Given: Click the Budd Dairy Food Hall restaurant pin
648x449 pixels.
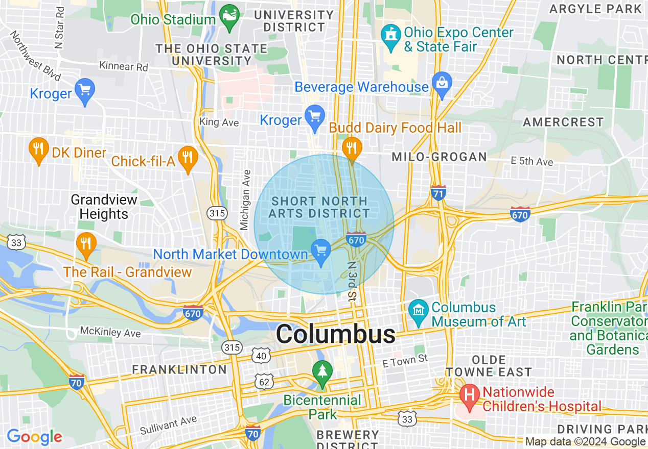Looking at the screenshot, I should click(x=352, y=148).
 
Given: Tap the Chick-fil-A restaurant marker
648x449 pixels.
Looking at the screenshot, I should click(x=188, y=159).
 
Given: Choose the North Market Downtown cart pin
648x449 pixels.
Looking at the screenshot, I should click(x=321, y=252).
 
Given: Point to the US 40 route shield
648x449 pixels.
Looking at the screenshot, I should click(x=261, y=356).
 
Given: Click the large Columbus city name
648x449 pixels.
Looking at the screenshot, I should click(x=335, y=335).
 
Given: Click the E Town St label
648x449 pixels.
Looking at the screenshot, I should click(x=406, y=360).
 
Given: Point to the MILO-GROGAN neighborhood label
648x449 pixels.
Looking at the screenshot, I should click(x=439, y=157).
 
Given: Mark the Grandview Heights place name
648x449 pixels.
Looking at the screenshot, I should click(x=104, y=207).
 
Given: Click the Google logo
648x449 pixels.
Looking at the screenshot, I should click(x=34, y=437).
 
